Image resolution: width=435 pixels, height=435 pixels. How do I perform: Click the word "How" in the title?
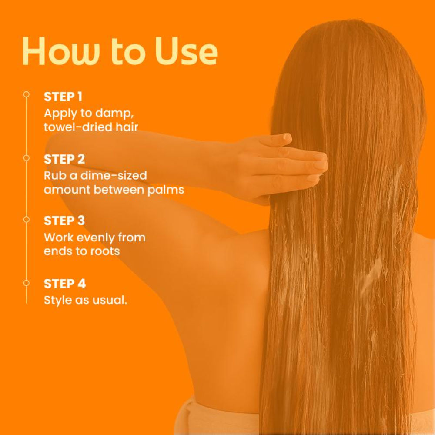61,51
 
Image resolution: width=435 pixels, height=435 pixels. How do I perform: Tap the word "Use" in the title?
186,51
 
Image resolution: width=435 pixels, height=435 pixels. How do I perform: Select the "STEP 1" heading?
63,97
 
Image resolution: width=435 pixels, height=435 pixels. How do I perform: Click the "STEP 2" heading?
64,159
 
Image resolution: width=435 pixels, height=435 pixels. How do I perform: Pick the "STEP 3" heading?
64,221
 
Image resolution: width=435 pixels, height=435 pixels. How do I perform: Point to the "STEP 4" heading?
65,284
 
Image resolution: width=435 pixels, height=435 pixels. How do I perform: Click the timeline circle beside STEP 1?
27,94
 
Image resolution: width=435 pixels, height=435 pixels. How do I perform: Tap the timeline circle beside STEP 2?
27,158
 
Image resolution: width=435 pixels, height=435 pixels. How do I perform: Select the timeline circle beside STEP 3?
27,219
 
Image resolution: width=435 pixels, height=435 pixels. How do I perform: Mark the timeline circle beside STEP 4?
27,283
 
